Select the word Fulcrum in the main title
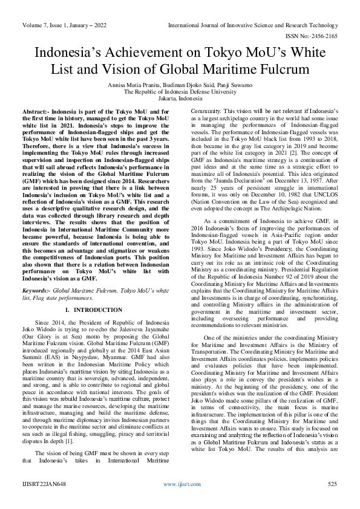click(275, 70)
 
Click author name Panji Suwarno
click(236, 85)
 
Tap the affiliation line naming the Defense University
click(180, 92)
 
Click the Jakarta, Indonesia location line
click(180, 99)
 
